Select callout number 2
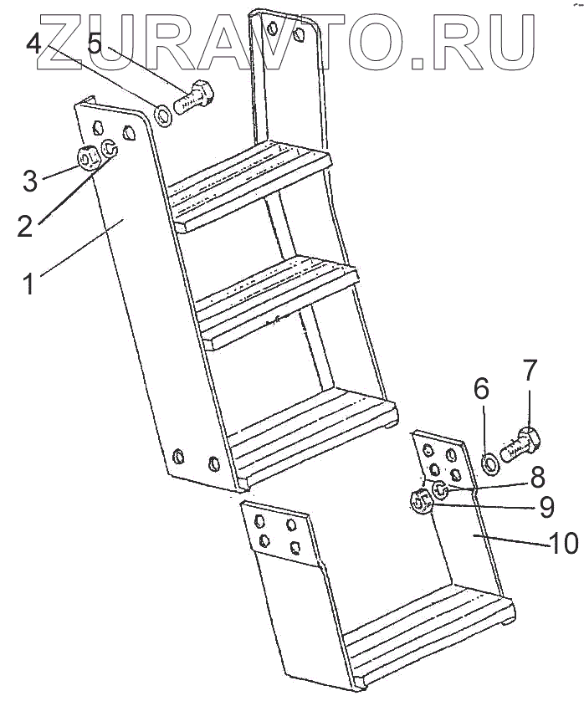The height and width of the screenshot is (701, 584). pyautogui.click(x=26, y=224)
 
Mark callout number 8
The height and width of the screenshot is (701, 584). pyautogui.click(x=537, y=477)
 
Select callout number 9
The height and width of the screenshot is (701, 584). pyautogui.click(x=546, y=506)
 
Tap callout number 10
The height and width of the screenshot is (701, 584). pyautogui.click(x=563, y=544)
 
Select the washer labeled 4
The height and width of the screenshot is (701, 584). pyautogui.click(x=164, y=115)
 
